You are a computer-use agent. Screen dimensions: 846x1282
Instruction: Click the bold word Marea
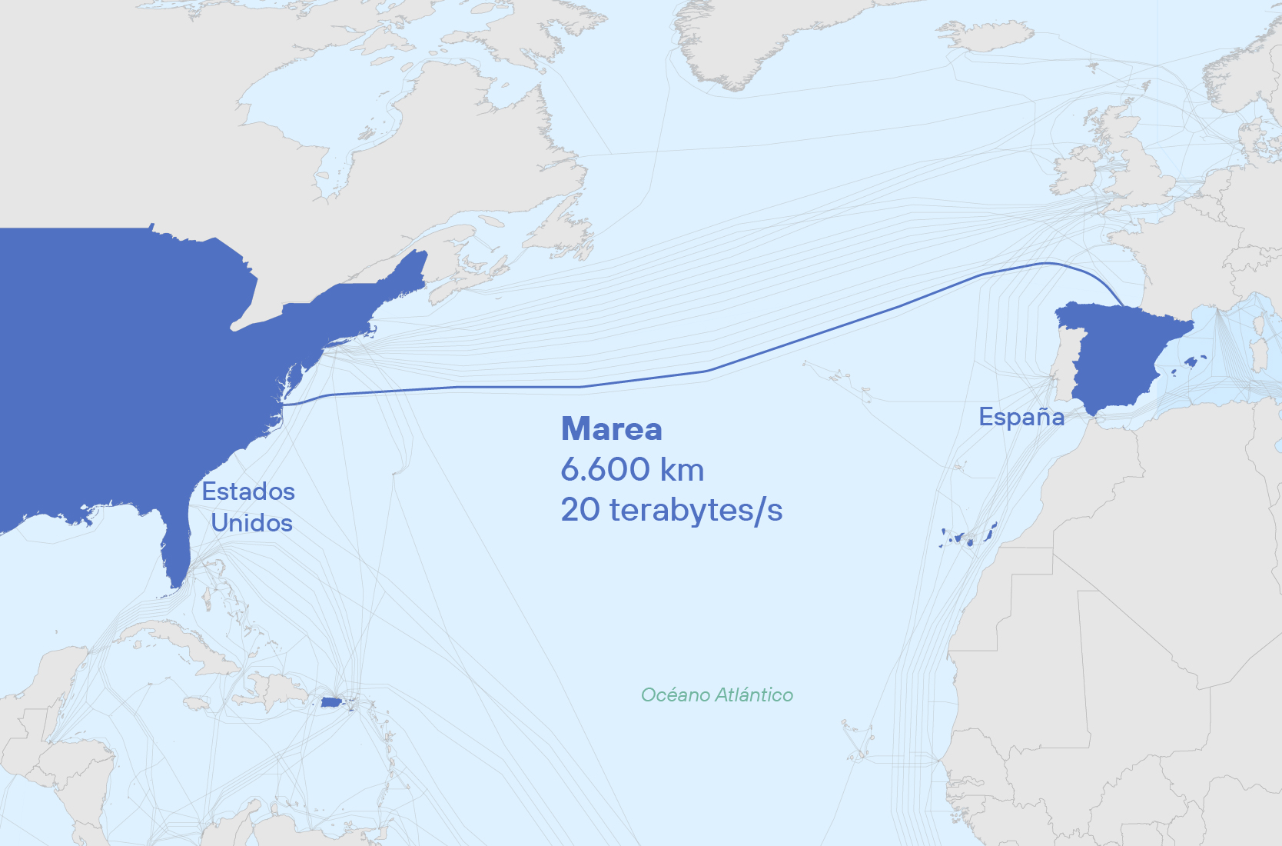pos(611,429)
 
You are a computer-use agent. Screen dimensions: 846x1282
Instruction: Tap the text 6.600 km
pos(632,469)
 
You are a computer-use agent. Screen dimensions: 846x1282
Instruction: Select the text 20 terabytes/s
pos(671,509)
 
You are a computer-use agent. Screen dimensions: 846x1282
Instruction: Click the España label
pos(1021,417)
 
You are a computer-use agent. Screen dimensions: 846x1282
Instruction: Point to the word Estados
pos(248,491)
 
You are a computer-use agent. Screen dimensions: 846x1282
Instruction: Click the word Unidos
pos(252,523)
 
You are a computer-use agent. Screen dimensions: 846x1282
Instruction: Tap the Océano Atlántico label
pos(716,695)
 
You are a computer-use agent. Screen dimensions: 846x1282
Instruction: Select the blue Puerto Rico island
pos(331,702)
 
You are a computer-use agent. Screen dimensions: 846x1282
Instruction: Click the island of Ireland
pos(1076,173)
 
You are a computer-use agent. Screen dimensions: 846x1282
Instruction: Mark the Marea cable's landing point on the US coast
pos(283,403)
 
